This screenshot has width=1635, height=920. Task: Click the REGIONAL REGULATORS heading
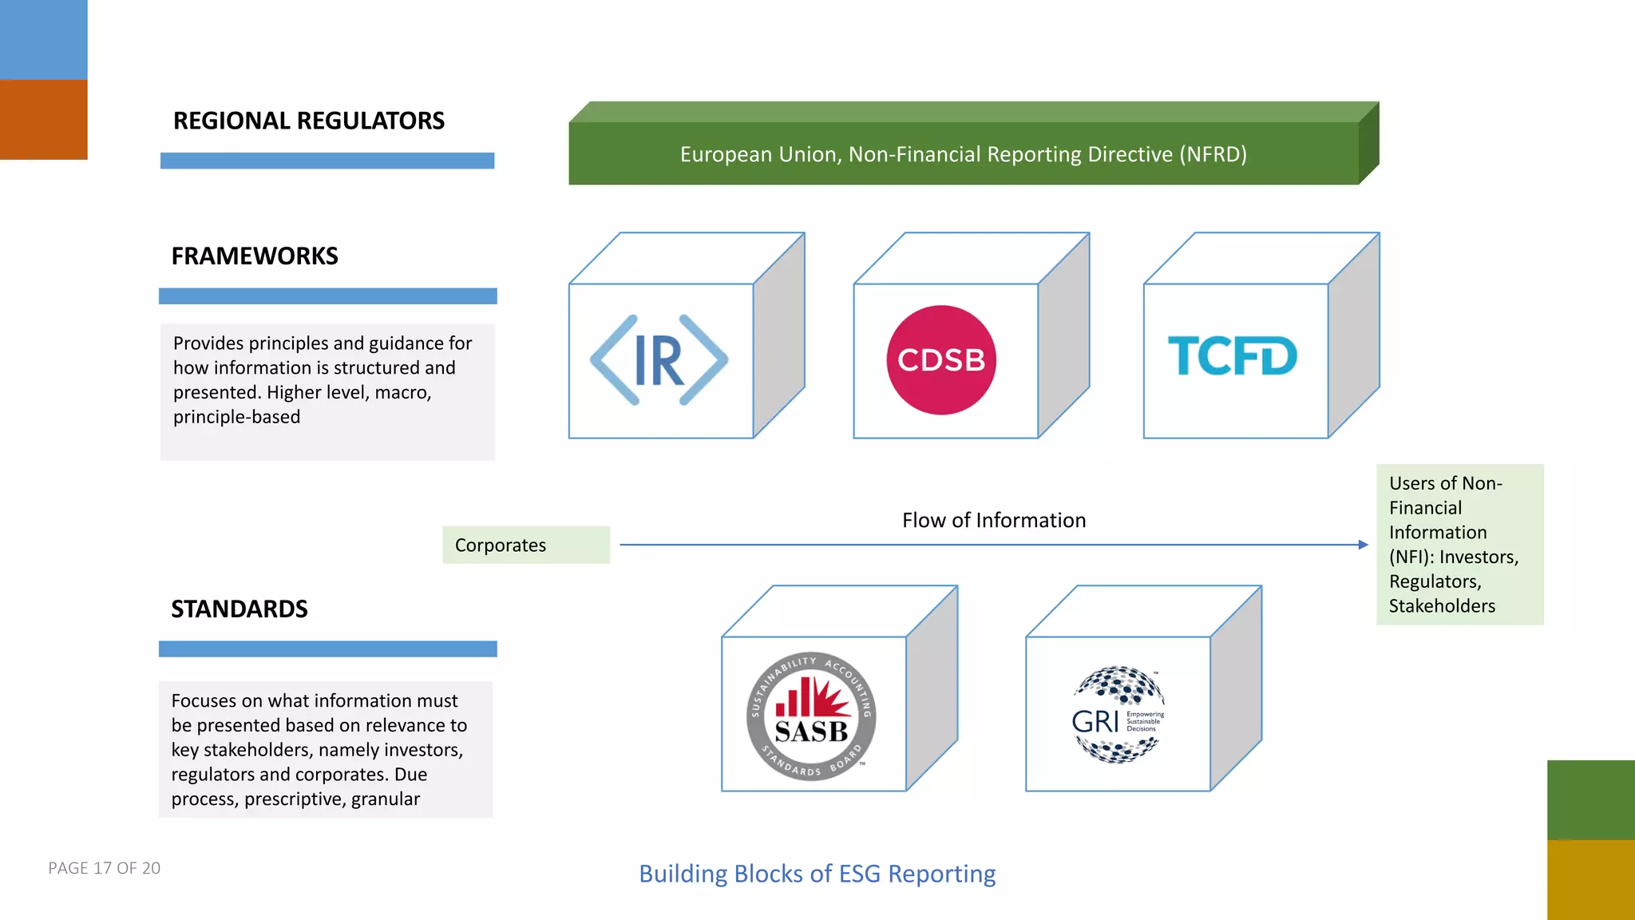pos(308,121)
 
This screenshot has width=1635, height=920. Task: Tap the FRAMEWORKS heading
pos(254,256)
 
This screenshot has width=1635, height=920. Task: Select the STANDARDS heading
pos(239,609)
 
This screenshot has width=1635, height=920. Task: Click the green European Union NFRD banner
pos(963,153)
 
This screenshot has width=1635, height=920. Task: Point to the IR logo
pos(659,360)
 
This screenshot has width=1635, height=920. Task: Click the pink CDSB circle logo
pos(941,360)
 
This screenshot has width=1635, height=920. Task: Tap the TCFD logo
pos(1232,356)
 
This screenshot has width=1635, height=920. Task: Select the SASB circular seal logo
pos(811,716)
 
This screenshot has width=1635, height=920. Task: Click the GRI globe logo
pos(1117,715)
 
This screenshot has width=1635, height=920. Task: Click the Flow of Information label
pos(993,521)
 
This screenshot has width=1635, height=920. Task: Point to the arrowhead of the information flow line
pos(1364,545)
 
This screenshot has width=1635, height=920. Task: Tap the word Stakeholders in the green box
pos(1441,606)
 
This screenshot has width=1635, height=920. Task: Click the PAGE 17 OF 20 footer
pos(104,868)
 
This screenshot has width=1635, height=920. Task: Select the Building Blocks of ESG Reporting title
pos(817,874)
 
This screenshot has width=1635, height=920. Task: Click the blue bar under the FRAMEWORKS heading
pos(327,296)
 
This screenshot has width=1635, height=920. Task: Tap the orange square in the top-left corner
pos(43,120)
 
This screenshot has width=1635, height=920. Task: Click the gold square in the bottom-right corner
pos(1590,879)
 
